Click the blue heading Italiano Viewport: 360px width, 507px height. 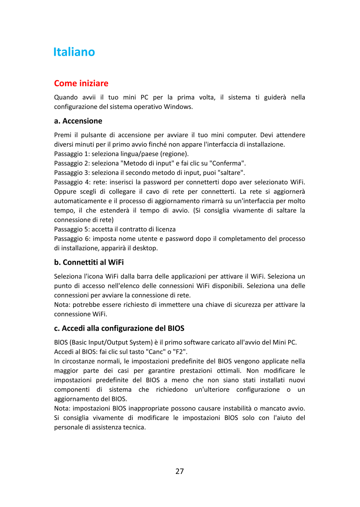74,52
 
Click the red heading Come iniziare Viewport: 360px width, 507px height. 81,83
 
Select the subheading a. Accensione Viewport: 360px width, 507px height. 78,121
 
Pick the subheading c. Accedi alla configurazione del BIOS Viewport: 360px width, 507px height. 122,328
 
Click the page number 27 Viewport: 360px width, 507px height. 180,471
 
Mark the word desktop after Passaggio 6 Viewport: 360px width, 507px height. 145,248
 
